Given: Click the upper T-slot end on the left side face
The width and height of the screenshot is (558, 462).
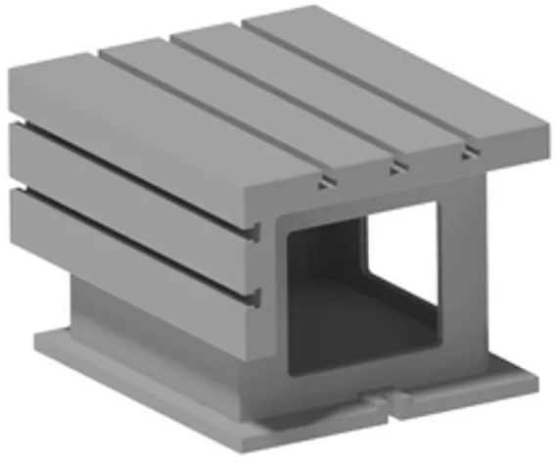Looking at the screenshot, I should [256, 232].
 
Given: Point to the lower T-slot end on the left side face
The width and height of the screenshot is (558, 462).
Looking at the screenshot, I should [256, 295].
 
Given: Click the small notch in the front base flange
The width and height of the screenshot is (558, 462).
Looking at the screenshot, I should [383, 400].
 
